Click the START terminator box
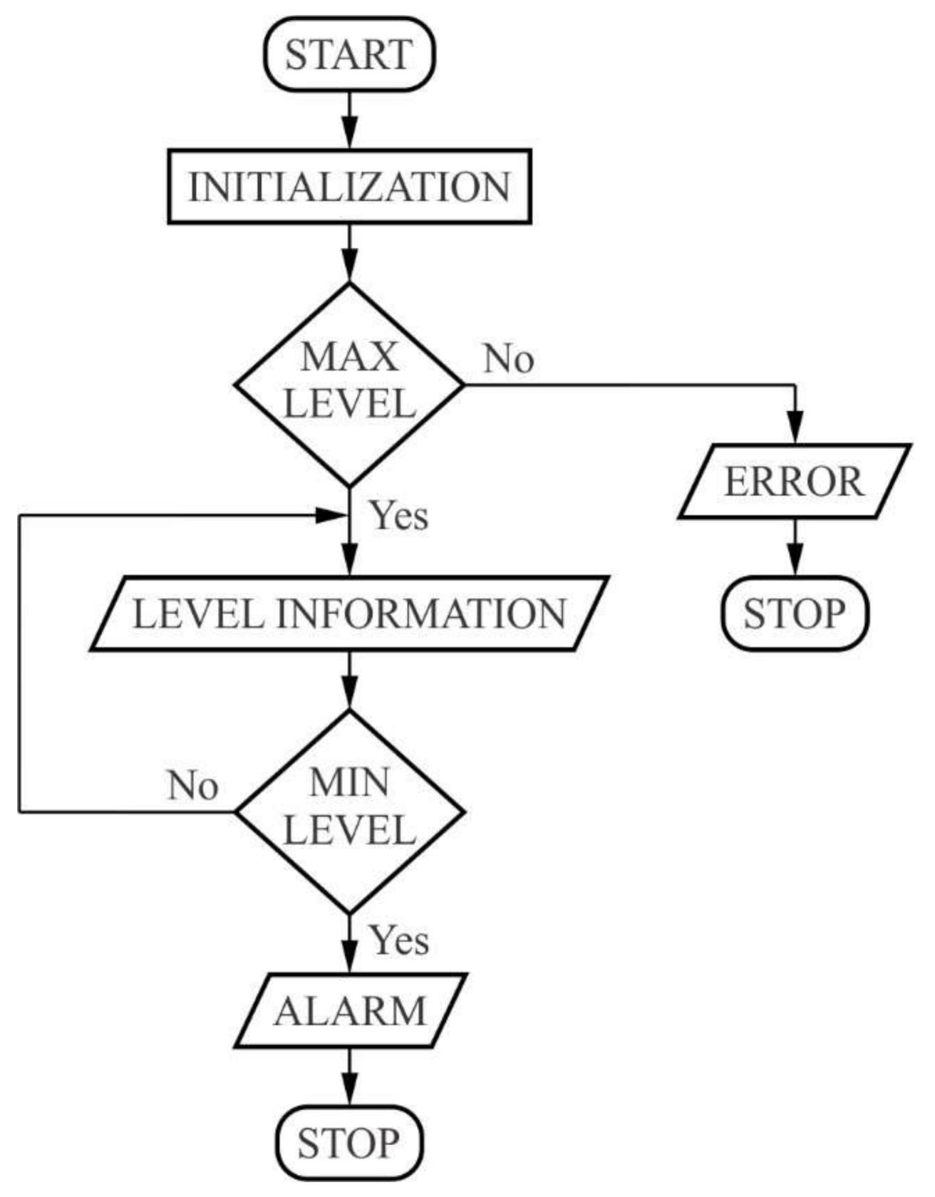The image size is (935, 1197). (x=348, y=55)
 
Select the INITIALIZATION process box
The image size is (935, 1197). (x=348, y=187)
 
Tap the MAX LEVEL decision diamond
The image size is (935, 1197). (x=348, y=385)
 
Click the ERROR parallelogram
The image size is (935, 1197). (x=794, y=482)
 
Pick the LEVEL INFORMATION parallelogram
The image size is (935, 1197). (x=348, y=613)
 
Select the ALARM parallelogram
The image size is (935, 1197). (x=350, y=1010)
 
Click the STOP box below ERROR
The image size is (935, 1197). (x=795, y=613)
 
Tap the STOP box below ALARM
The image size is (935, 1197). (x=348, y=1142)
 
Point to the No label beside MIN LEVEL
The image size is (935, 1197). (x=192, y=785)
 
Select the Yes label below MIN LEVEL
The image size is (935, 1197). (x=399, y=940)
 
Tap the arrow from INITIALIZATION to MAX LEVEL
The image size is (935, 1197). (x=348, y=254)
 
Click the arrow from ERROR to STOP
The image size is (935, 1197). (x=795, y=547)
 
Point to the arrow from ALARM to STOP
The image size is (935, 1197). (x=348, y=1077)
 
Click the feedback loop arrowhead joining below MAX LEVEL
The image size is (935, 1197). (x=332, y=515)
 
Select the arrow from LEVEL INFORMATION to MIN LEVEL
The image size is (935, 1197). (x=348, y=680)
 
